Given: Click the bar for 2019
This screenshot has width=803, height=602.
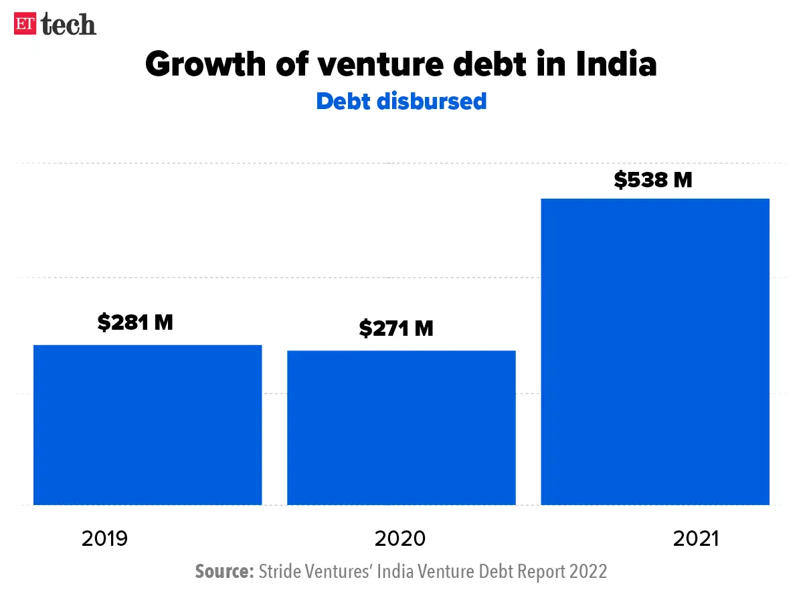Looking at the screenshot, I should tap(147, 425).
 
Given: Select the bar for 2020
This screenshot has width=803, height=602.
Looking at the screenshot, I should tap(401, 427).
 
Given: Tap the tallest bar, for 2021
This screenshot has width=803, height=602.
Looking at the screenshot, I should tap(655, 351).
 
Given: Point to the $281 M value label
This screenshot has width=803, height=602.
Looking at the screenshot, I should tap(135, 322).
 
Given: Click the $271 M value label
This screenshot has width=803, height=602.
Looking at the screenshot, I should tap(396, 328).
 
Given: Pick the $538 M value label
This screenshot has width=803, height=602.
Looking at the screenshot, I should tap(653, 179).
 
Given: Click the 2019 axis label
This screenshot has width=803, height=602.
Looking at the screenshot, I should tap(104, 538).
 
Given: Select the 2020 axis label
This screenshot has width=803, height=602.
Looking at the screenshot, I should tap(400, 538).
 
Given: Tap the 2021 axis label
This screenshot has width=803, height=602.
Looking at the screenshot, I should tap(696, 538).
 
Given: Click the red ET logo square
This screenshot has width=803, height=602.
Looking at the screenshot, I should tap(25, 25).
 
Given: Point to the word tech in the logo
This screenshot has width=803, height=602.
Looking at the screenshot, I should tap(68, 25).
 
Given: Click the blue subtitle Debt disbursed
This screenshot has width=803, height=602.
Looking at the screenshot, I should tap(401, 101).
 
